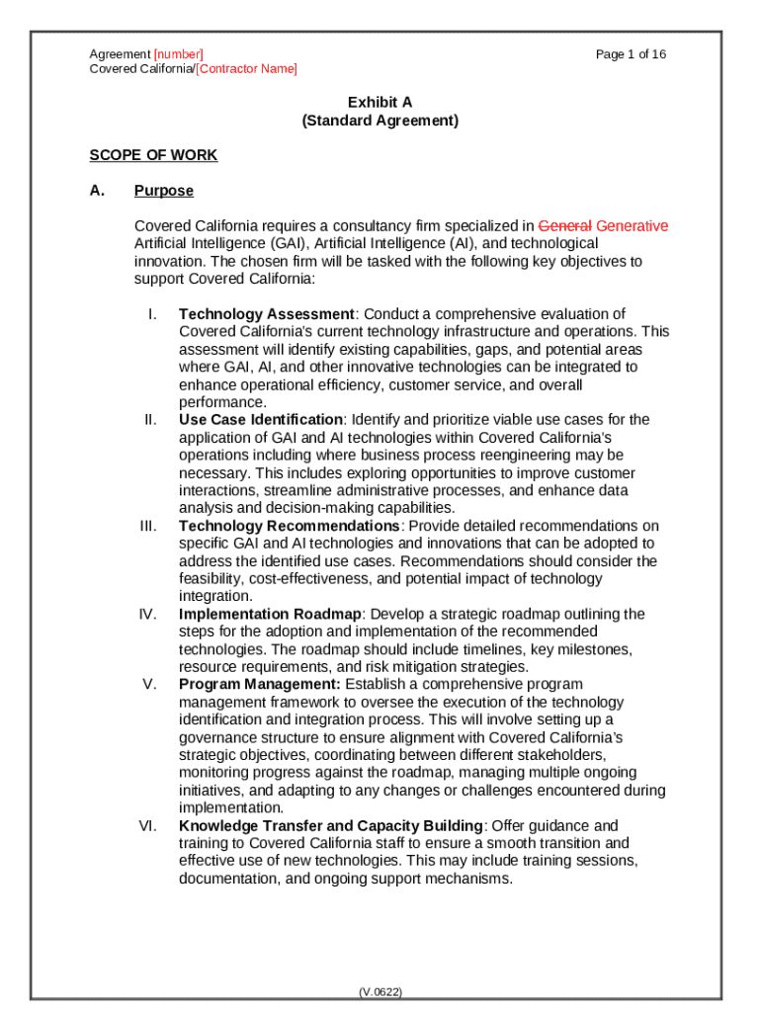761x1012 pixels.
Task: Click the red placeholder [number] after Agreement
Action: pyautogui.click(x=178, y=54)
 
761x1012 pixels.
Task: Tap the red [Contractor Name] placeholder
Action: pyautogui.click(x=246, y=69)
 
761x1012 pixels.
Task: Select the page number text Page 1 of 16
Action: pyautogui.click(x=631, y=54)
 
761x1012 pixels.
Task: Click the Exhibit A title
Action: pyautogui.click(x=380, y=103)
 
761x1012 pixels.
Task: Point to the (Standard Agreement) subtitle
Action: pyautogui.click(x=380, y=121)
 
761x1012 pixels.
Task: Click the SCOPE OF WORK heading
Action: pyautogui.click(x=153, y=155)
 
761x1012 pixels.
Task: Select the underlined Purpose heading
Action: pyautogui.click(x=164, y=191)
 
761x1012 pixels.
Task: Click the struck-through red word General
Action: pyautogui.click(x=564, y=225)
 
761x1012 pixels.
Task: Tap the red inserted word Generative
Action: pyautogui.click(x=633, y=225)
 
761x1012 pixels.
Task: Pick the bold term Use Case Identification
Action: pyautogui.click(x=261, y=420)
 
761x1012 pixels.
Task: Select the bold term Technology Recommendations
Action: pyautogui.click(x=289, y=526)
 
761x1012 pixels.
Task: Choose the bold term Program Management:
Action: pyautogui.click(x=260, y=684)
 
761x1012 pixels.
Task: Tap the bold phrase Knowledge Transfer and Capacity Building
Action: pyautogui.click(x=331, y=825)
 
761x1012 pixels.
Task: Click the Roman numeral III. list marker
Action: pyautogui.click(x=148, y=526)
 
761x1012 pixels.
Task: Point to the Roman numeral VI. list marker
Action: pyautogui.click(x=148, y=825)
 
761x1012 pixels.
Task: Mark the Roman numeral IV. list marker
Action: pyautogui.click(x=148, y=614)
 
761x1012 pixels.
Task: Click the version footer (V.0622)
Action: pyautogui.click(x=380, y=991)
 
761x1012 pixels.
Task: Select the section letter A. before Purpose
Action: pyautogui.click(x=97, y=191)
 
